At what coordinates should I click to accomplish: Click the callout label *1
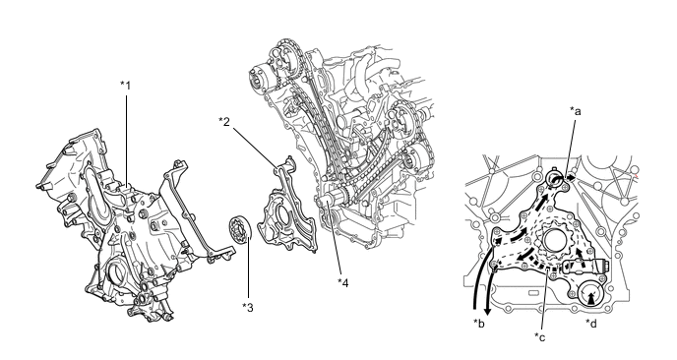pyautogui.click(x=125, y=85)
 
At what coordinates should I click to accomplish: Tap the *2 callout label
pyautogui.click(x=224, y=121)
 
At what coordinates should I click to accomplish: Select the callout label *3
pyautogui.click(x=248, y=307)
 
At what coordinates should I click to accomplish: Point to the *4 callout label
pyautogui.click(x=342, y=282)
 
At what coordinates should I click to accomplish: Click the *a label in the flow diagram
pyautogui.click(x=576, y=111)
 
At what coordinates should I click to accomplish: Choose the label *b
pyautogui.click(x=479, y=323)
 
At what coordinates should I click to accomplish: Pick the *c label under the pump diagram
pyautogui.click(x=539, y=336)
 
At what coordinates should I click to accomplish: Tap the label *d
pyautogui.click(x=591, y=323)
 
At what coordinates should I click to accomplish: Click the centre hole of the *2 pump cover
pyautogui.click(x=279, y=216)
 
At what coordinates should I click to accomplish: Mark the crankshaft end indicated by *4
pyautogui.click(x=327, y=202)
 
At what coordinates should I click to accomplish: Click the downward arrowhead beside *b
pyautogui.click(x=488, y=311)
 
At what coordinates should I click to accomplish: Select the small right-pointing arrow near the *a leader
pyautogui.click(x=571, y=177)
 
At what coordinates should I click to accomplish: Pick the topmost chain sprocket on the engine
pyautogui.click(x=285, y=48)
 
